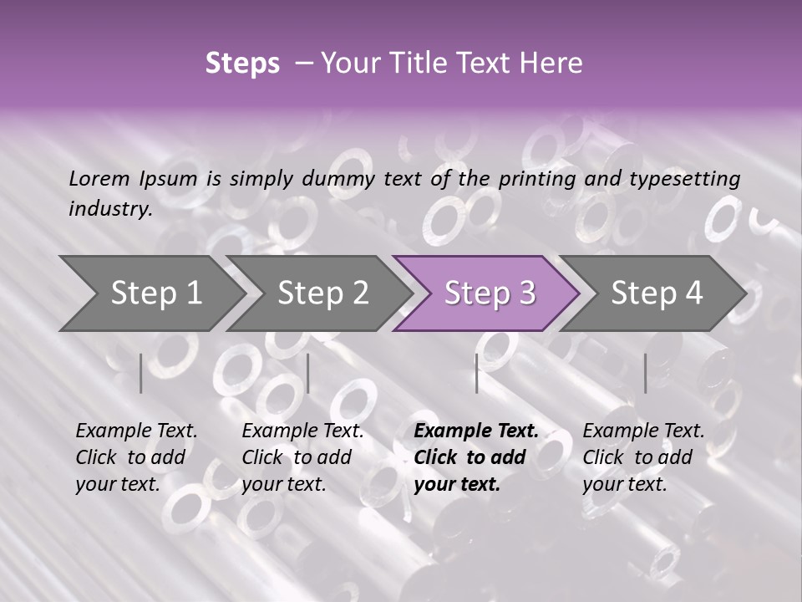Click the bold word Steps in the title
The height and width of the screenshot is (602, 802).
[x=242, y=64]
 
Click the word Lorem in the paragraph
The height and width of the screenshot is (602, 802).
[x=98, y=178]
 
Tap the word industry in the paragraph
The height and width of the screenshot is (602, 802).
[x=109, y=209]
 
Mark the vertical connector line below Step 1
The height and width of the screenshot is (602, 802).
[x=140, y=373]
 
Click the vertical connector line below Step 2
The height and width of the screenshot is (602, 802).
[x=308, y=373]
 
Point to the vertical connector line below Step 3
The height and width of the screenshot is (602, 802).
[x=476, y=373]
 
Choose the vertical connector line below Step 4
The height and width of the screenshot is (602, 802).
[x=645, y=373]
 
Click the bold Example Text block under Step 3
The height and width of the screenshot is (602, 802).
[x=476, y=457]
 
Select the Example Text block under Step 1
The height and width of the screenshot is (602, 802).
[x=136, y=457]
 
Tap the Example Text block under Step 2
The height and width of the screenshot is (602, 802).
[x=302, y=457]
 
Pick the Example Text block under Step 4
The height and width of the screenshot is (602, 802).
[x=643, y=457]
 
